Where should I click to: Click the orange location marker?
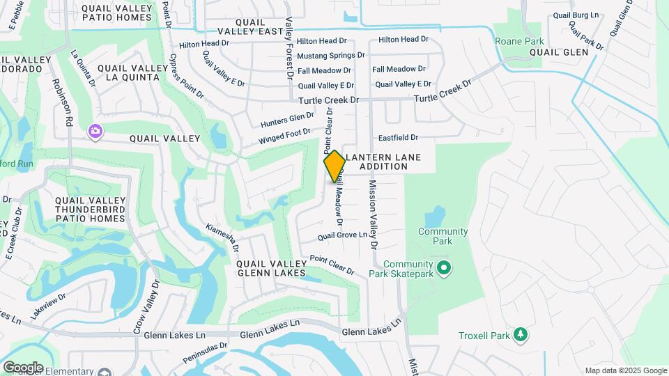pyautogui.click(x=334, y=166)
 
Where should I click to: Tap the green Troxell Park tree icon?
pyautogui.click(x=520, y=336)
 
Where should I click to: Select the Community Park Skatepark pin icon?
pyautogui.click(x=442, y=267)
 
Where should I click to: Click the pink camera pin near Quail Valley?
pyautogui.click(x=95, y=131)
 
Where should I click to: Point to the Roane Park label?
pyautogui.click(x=518, y=42)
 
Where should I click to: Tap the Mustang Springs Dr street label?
pyautogui.click(x=331, y=55)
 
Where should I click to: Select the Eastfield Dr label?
pyautogui.click(x=398, y=138)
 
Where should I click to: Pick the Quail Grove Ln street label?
pyautogui.click(x=342, y=236)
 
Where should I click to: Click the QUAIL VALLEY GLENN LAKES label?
pyautogui.click(x=271, y=269)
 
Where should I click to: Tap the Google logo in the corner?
pyautogui.click(x=23, y=367)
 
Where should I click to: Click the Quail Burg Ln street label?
pyautogui.click(x=575, y=15)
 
